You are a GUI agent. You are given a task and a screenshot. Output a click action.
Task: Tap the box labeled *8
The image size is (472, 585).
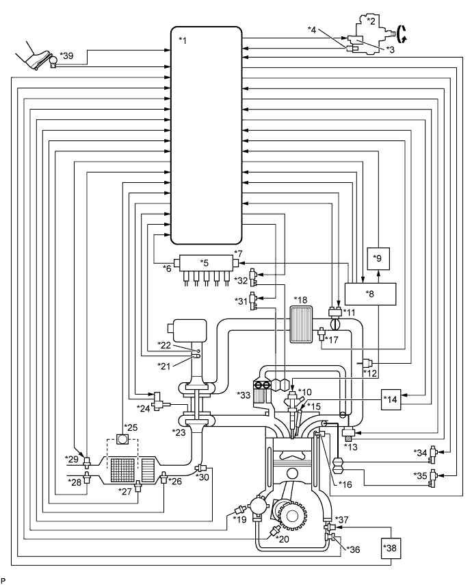[370, 294]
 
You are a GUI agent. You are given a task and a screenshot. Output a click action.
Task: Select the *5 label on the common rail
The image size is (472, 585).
[204, 262]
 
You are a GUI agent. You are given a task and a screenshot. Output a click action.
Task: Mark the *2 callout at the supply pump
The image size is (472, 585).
[371, 21]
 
